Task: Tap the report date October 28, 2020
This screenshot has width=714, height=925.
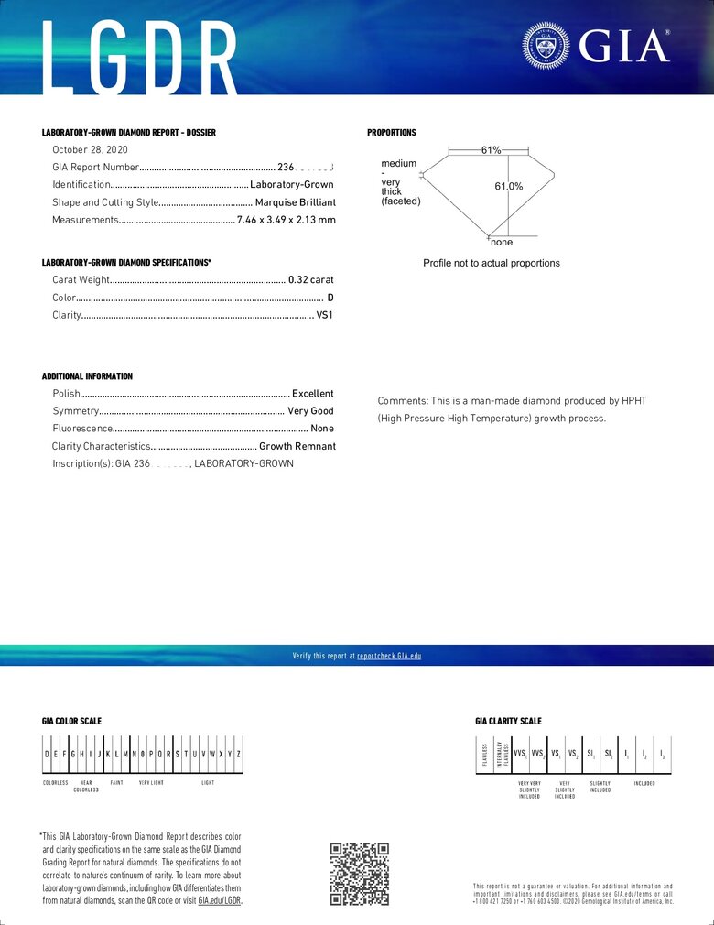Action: click(90, 149)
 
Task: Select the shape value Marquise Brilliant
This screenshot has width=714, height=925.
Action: click(295, 202)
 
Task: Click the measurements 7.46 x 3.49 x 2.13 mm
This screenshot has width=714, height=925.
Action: click(286, 220)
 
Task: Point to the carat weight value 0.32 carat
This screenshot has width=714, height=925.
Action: click(311, 280)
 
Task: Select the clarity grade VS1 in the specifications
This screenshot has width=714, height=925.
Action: click(325, 315)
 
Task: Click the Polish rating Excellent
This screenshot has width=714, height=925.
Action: click(313, 394)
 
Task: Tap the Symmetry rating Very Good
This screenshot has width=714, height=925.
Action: click(310, 411)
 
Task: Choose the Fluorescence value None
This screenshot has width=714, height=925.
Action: click(322, 429)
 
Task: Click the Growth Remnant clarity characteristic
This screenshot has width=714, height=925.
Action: click(297, 446)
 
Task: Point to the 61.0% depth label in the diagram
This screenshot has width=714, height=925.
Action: click(509, 187)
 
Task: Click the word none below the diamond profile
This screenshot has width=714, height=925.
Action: click(502, 243)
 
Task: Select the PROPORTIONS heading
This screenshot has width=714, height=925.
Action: click(392, 133)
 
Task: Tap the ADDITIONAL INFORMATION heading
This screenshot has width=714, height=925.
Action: click(87, 376)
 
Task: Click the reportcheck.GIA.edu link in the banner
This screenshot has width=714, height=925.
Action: click(389, 656)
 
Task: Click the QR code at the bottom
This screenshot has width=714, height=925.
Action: click(359, 874)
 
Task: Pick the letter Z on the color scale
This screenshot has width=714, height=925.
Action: click(239, 754)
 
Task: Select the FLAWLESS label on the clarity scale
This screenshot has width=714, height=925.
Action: click(485, 754)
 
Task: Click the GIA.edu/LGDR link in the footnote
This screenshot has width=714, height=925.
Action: click(220, 900)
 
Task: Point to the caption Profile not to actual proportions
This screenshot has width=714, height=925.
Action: click(492, 263)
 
